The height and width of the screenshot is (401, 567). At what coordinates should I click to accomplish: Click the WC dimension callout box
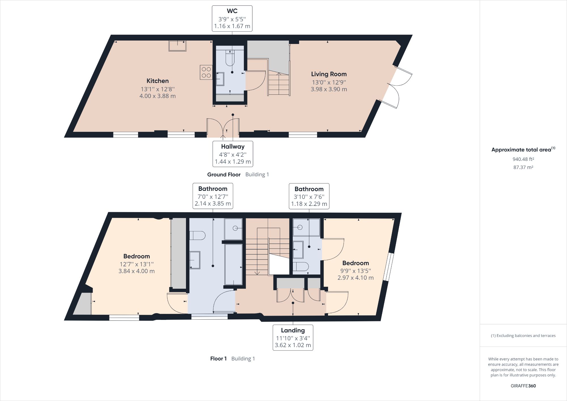click(x=232, y=18)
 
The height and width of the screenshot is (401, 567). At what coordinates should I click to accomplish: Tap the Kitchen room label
click(x=158, y=81)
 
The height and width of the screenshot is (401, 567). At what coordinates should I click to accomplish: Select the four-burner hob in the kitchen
click(x=206, y=72)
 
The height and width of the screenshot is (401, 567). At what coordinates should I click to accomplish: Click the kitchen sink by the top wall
click(x=177, y=46)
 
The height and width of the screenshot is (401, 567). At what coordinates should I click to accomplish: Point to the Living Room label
click(x=329, y=74)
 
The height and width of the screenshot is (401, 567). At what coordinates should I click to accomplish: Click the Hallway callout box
click(x=233, y=154)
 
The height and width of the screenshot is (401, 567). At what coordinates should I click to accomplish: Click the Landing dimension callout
click(x=293, y=337)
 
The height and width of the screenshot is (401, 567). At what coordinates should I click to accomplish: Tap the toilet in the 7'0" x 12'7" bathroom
click(x=197, y=235)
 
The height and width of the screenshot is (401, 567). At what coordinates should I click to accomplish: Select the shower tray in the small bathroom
click(x=306, y=227)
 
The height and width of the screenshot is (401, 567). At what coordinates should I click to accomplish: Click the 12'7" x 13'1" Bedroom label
click(x=137, y=256)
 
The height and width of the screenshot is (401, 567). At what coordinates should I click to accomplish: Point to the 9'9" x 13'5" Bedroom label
click(x=356, y=263)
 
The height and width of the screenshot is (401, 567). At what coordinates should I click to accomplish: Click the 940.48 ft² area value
click(x=523, y=159)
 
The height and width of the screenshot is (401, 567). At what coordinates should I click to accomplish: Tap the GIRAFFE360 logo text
click(x=523, y=386)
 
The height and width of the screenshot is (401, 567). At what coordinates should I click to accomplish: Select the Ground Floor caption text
click(x=224, y=175)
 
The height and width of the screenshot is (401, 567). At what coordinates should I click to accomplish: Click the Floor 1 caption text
click(x=218, y=359)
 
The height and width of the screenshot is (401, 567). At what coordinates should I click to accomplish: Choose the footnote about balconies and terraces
click(x=523, y=335)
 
